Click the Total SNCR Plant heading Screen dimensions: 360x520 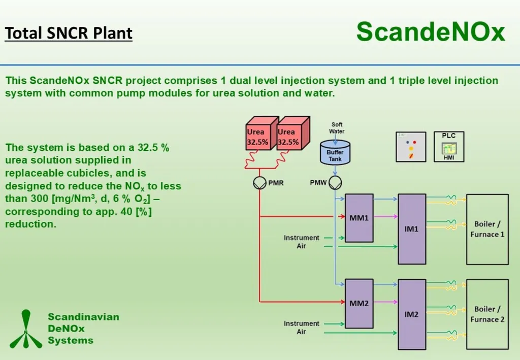[69, 34]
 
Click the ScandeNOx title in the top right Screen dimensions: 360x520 [431, 31]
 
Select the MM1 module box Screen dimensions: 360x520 [359, 218]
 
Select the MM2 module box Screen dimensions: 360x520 [359, 303]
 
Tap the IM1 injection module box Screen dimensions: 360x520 [411, 229]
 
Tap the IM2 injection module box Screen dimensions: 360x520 [411, 314]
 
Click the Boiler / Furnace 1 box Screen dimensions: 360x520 [487, 229]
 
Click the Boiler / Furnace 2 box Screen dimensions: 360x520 [487, 314]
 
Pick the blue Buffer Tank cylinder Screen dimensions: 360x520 [335, 152]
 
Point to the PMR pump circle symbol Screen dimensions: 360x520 [260, 183]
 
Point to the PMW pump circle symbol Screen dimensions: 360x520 [335, 183]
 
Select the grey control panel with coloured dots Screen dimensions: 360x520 [411, 147]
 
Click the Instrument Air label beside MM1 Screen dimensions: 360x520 [302, 242]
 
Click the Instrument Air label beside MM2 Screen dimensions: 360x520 [302, 328]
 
